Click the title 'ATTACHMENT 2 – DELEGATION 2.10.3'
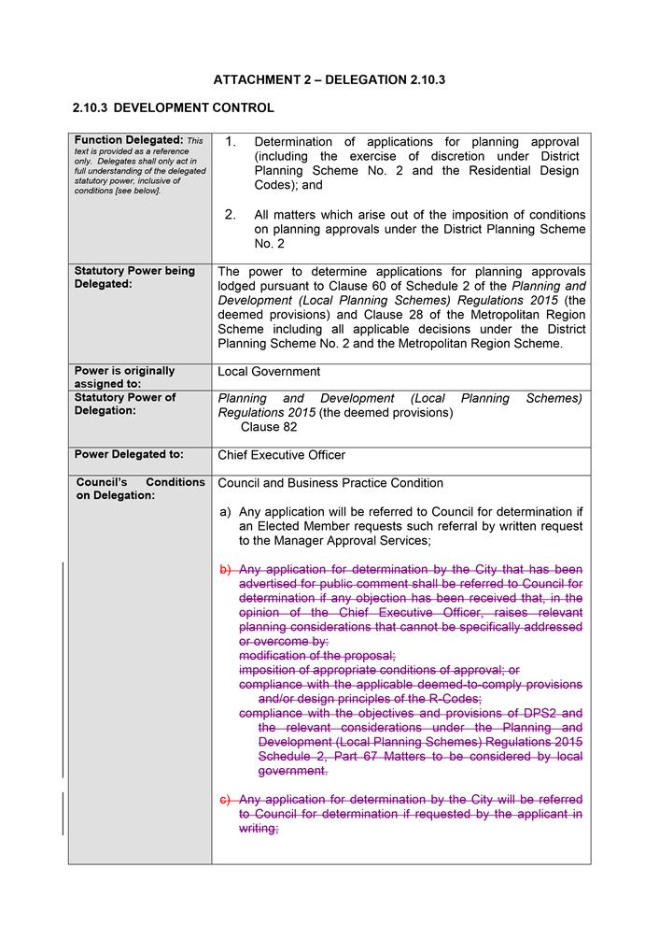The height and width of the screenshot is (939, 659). point(329,80)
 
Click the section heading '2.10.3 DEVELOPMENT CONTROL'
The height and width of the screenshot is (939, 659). point(173,108)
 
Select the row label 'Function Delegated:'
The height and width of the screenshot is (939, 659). point(128,140)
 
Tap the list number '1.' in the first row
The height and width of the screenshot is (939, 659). point(231,142)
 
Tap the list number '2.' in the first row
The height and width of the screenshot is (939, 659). point(231,215)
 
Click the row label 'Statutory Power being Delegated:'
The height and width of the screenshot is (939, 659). point(134,277)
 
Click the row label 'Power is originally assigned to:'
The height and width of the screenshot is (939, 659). point(124,377)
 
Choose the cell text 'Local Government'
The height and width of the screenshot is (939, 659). point(269,372)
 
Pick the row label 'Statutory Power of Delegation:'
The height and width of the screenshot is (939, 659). point(125,404)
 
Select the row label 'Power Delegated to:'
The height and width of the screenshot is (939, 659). point(129,455)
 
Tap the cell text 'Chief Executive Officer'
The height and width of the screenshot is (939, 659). point(281,455)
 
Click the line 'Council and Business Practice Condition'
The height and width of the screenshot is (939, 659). point(330,483)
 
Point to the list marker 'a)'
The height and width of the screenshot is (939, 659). point(225,512)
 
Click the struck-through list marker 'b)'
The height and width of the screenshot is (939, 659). point(225,570)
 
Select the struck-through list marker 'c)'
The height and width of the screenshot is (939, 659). point(225,800)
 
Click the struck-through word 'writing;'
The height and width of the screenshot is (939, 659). point(259,828)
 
